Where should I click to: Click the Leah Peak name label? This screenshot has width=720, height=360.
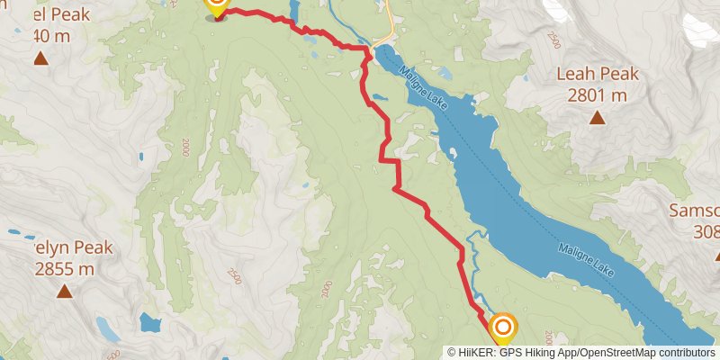pos(598,75)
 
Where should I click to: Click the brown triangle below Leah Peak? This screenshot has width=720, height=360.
pos(597,116)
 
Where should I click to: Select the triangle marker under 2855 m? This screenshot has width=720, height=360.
pos(64,291)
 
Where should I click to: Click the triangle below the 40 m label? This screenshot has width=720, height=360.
pos(40,59)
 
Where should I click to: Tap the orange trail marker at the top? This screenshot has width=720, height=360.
pos(216,5)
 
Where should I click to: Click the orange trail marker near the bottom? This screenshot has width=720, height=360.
pos(502,328)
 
